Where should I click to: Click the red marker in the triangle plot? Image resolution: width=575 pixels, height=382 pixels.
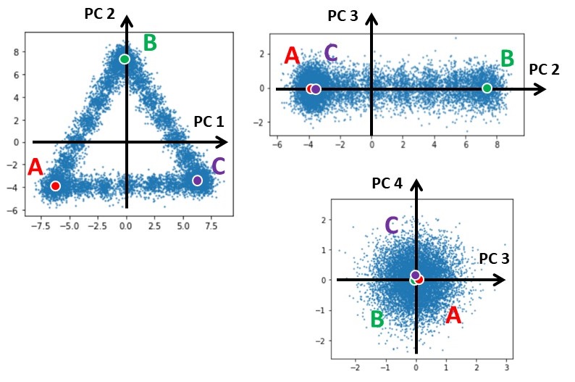tap(55, 186)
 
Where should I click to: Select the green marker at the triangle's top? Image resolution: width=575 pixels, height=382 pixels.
tap(125, 59)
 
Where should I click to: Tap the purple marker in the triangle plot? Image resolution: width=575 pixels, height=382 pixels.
tap(197, 180)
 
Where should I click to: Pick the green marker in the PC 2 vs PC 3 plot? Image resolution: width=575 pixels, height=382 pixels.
tap(487, 88)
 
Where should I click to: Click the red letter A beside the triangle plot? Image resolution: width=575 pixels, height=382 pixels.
tap(35, 168)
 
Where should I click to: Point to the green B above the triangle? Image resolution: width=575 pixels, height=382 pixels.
tap(150, 43)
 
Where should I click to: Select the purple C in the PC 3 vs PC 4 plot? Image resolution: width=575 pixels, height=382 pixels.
tap(392, 225)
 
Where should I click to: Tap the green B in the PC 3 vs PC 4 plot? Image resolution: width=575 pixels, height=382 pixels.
tap(377, 319)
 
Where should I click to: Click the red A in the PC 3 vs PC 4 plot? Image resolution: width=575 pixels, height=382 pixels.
tap(453, 315)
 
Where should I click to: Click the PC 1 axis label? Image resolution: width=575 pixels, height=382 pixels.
tap(210, 123)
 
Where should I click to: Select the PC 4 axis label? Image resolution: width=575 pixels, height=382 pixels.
tap(387, 183)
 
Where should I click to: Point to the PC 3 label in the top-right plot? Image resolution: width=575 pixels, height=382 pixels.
tap(342, 15)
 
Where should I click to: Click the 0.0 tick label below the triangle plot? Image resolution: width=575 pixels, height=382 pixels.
tap(125, 225)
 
